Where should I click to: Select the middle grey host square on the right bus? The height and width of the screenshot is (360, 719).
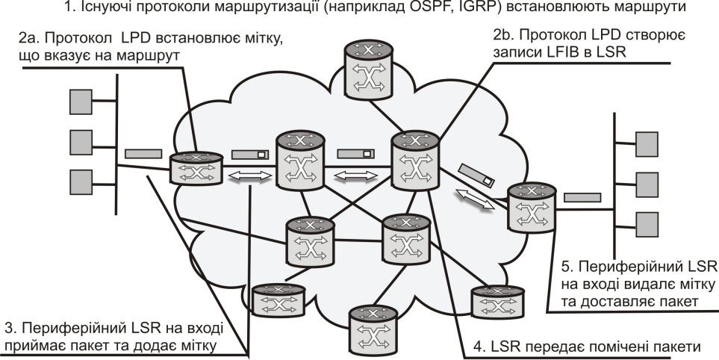644,181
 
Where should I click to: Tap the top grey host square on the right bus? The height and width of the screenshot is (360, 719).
644,142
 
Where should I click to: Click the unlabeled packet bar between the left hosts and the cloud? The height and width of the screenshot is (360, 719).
143,154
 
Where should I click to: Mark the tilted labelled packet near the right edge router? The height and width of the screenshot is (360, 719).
476,176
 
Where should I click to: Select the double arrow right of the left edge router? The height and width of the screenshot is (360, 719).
249,176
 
